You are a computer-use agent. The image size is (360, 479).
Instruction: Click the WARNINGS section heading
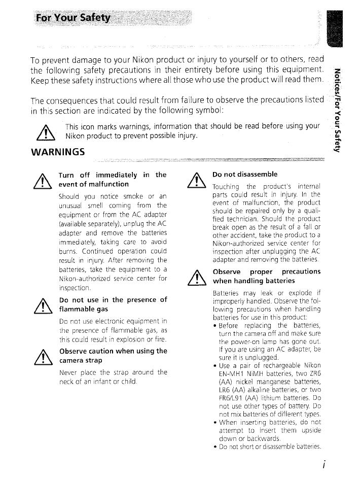pos(57,151)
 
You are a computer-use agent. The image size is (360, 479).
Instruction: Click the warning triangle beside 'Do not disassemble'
pos(195,180)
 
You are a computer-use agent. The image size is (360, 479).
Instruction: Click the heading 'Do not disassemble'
pos(245,174)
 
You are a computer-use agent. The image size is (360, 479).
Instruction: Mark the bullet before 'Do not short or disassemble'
pos(215,447)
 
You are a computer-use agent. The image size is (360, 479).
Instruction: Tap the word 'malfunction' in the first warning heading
pos(106,184)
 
